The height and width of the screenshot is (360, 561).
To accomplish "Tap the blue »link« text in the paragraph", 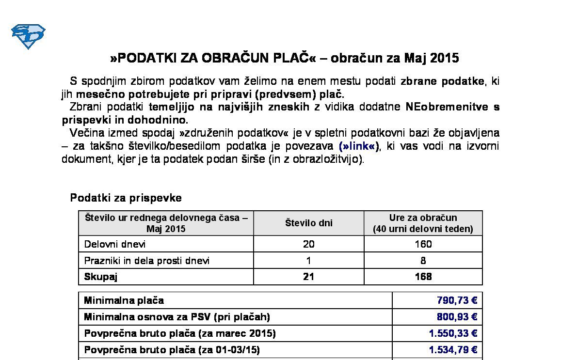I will click(x=359, y=146).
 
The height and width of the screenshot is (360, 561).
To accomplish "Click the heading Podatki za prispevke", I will click(x=126, y=198).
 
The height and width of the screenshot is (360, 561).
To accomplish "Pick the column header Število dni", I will click(x=308, y=223).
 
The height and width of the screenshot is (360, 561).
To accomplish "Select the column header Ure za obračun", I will click(x=423, y=218).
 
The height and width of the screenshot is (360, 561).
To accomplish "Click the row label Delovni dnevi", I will click(x=115, y=244).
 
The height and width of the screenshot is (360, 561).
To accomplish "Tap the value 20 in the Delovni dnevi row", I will click(x=308, y=244).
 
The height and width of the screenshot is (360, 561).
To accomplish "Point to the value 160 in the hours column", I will click(x=423, y=244).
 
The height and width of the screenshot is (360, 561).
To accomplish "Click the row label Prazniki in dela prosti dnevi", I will click(x=147, y=261).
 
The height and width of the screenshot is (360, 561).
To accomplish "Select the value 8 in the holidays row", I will click(x=423, y=261).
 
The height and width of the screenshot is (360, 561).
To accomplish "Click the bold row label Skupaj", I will click(x=101, y=277).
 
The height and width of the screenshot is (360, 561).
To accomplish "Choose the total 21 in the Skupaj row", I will click(x=308, y=277).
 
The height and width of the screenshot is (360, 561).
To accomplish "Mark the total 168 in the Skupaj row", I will click(x=423, y=277).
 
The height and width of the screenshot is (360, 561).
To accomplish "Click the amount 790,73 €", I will click(x=457, y=300).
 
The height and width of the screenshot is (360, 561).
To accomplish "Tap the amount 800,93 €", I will click(x=457, y=317).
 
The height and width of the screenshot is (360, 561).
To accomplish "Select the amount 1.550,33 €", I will click(x=453, y=333).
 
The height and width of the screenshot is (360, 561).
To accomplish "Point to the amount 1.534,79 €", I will click(x=453, y=349).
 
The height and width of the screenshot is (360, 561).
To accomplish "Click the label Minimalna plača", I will click(x=124, y=300).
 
